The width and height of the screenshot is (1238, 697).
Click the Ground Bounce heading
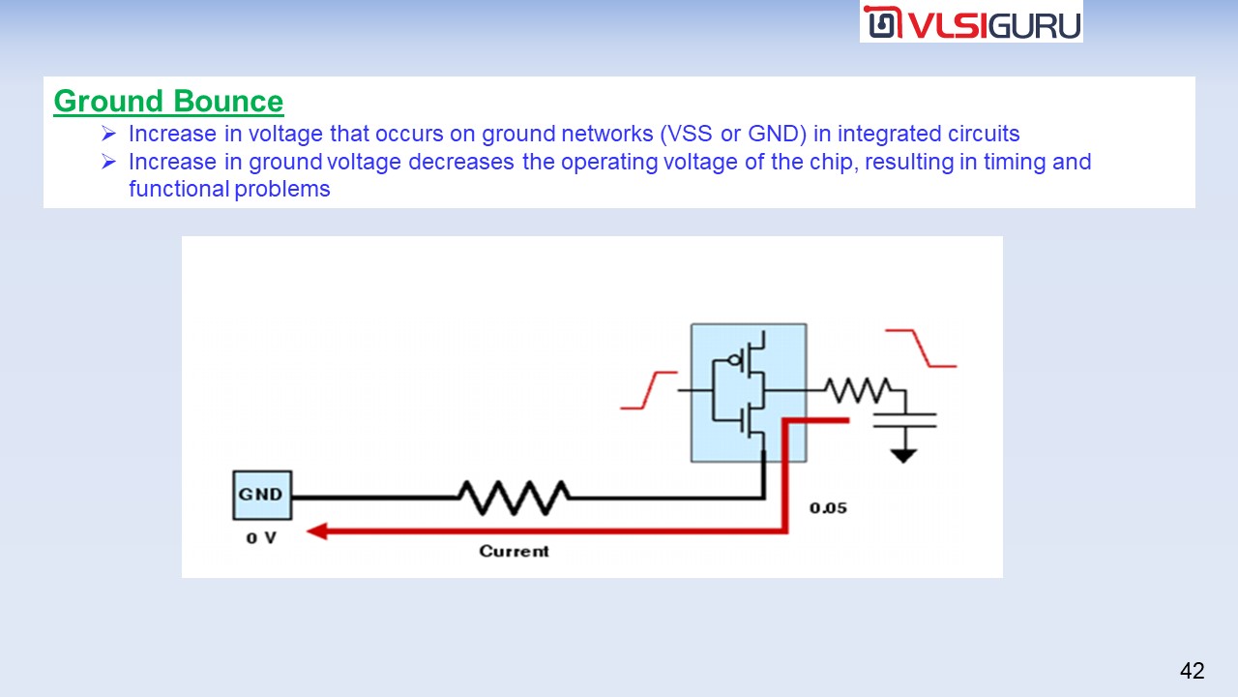click(x=168, y=102)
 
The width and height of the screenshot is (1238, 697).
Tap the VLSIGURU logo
click(x=971, y=21)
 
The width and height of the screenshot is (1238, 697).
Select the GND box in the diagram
click(x=261, y=495)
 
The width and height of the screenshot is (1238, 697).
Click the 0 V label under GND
click(x=260, y=537)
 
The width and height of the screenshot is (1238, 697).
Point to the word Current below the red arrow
click(x=514, y=551)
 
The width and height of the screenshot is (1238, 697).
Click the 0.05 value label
click(x=829, y=507)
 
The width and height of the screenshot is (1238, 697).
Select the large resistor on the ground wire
click(x=514, y=498)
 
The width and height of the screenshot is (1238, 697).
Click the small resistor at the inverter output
click(x=857, y=390)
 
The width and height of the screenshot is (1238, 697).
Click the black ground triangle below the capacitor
click(x=903, y=454)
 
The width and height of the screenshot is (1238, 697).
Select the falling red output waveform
click(x=922, y=348)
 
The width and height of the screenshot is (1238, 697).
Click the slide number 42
click(x=1192, y=671)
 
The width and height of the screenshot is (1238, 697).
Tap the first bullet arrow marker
click(x=108, y=134)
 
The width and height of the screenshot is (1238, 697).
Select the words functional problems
click(x=229, y=189)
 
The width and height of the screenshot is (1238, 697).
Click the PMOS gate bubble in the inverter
click(x=736, y=360)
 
